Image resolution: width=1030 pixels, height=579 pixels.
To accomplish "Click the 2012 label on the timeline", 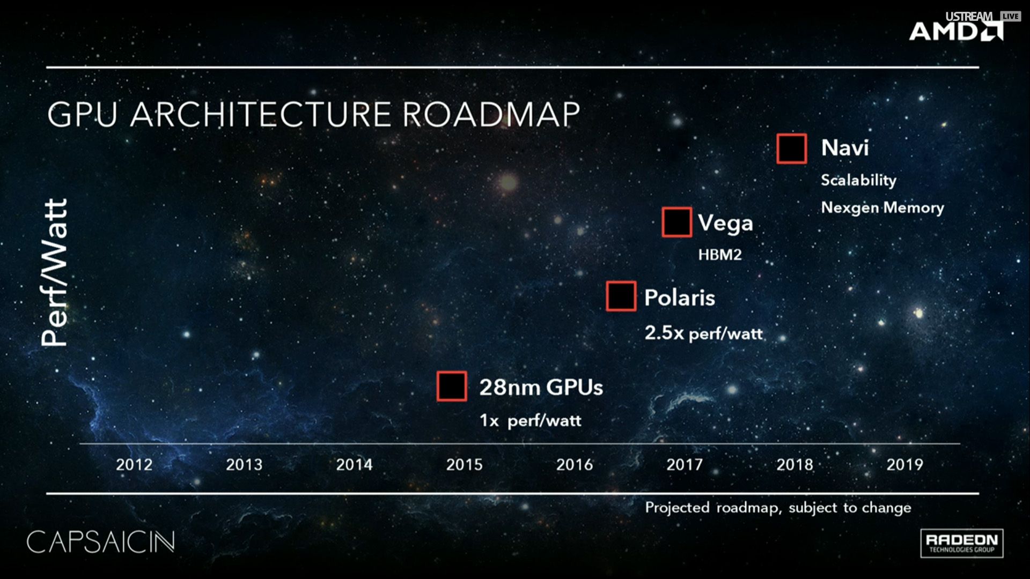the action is pos(134,464).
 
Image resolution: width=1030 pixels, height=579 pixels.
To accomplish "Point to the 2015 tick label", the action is pos(464,464).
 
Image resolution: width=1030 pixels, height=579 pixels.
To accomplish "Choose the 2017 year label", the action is pos(685,464).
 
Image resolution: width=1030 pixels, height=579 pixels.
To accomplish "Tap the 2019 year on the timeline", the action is pos(904,464).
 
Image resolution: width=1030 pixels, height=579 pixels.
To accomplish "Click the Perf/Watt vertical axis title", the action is pos(55,272).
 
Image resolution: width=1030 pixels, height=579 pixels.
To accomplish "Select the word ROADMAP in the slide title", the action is pos(491,114).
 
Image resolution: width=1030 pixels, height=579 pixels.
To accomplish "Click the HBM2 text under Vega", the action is pos(720,255).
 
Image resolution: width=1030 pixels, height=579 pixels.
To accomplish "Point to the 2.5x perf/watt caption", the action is pos(703,333).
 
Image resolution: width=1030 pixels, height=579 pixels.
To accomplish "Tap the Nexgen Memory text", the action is pos(882,208).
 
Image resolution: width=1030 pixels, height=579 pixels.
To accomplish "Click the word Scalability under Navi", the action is pos(858,180).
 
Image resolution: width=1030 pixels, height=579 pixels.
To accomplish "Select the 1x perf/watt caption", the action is pos(531,420).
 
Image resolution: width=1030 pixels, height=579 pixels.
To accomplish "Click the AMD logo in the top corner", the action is pos(956,31).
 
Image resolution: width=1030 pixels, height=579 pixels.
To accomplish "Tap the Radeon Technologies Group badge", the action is pos(962,543).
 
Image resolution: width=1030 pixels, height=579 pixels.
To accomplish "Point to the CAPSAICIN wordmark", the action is pos(101,542).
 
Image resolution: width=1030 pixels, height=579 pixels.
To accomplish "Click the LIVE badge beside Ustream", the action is pos(1010,16).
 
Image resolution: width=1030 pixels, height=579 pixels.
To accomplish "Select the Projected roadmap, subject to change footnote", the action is pos(778,508).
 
